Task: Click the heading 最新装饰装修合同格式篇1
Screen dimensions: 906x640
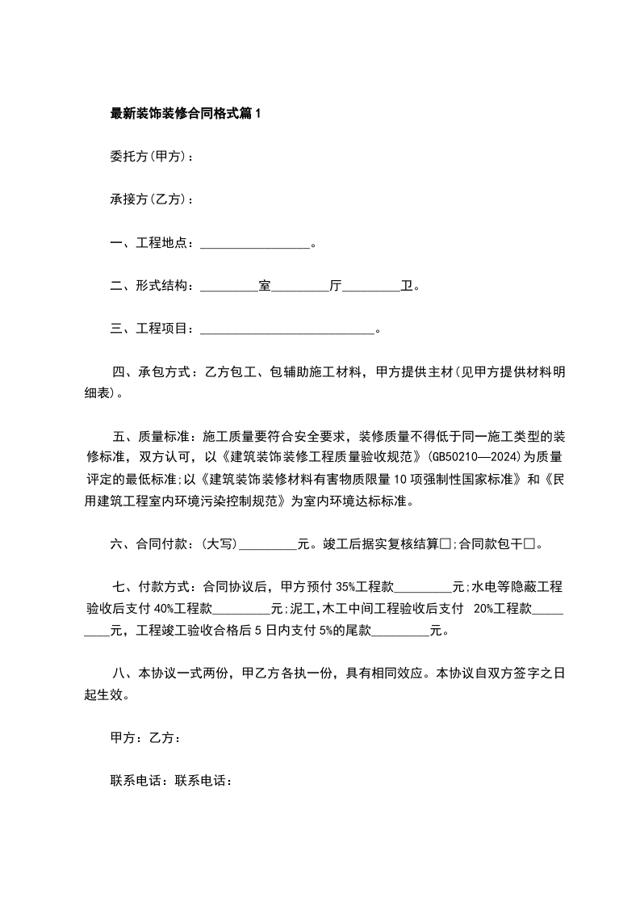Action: click(x=186, y=114)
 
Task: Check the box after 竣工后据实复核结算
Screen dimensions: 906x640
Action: click(x=445, y=544)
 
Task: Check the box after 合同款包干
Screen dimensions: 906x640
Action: click(x=530, y=544)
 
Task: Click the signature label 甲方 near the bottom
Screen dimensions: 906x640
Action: click(x=122, y=737)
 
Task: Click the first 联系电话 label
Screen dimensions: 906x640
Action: click(x=135, y=780)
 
